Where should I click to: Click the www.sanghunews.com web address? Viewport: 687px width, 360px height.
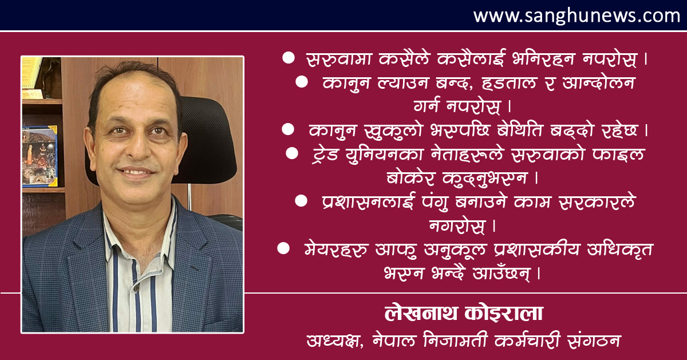point(577,16)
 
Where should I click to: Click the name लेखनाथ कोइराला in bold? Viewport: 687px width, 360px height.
point(464,313)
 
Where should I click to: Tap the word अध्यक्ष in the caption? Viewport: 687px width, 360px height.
point(335,341)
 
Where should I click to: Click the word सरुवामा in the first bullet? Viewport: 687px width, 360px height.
point(339,58)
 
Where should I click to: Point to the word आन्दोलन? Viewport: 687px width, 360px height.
point(598,82)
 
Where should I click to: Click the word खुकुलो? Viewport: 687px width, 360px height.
point(393,130)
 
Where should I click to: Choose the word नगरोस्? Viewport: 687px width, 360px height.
point(457,226)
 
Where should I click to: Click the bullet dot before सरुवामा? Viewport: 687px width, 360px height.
point(289,58)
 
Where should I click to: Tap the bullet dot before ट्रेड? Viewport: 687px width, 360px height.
point(291,153)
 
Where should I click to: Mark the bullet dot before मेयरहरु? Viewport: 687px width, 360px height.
point(283,248)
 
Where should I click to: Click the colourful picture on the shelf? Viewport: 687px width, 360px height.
point(40,156)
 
